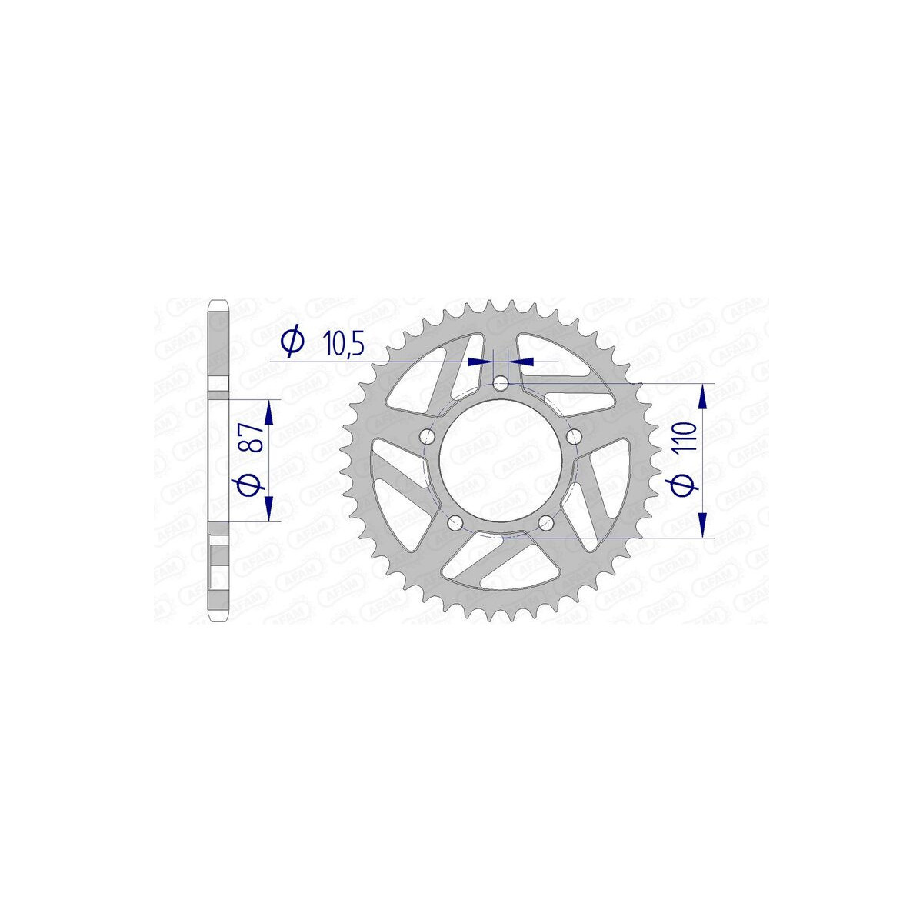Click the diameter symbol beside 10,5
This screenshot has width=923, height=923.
click(x=292, y=342)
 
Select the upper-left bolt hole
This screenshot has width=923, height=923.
click(x=426, y=436)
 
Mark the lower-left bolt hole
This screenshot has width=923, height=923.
click(x=455, y=524)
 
